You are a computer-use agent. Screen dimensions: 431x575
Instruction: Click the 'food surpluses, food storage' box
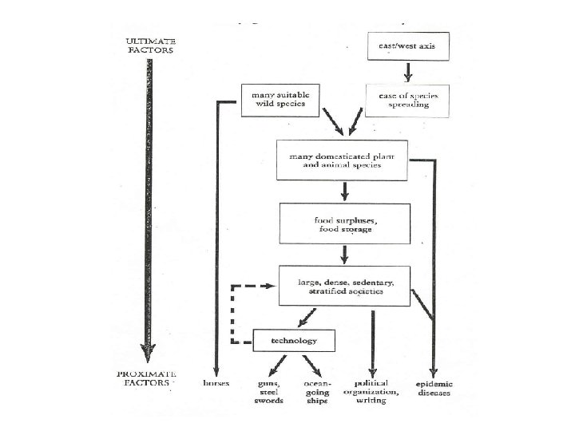tap(343, 223)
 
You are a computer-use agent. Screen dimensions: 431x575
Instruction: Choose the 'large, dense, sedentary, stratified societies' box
tap(344, 285)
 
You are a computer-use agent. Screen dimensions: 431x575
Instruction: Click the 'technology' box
tap(293, 341)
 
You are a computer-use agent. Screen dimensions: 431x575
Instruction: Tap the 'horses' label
tap(217, 383)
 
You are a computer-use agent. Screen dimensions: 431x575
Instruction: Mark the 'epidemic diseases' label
tap(434, 387)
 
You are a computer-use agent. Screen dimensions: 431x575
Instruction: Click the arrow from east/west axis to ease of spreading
tap(407, 73)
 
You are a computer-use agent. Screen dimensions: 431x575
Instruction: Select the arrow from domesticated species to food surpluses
tap(344, 192)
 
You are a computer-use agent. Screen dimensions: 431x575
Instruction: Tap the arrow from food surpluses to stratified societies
tap(344, 254)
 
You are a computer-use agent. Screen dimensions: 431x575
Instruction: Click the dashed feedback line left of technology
tap(232, 314)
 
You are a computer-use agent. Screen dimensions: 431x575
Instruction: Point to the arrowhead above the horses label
tap(216, 368)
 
